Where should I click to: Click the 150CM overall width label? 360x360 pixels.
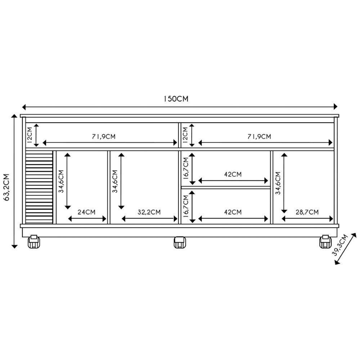point(176,99)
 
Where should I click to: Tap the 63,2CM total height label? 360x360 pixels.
point(6,182)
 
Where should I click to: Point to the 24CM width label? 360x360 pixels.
point(86,212)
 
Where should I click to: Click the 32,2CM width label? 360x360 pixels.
point(149,212)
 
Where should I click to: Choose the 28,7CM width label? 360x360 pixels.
point(307,212)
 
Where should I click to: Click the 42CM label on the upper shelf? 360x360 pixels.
point(233,174)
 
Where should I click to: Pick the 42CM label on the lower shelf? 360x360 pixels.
point(233,212)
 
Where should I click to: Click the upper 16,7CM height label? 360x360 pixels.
point(185,168)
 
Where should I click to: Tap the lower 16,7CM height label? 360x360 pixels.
point(185,207)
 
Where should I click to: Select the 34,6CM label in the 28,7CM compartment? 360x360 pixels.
point(278,183)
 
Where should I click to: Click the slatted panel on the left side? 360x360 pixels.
point(39,187)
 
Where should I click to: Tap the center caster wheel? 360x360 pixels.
point(180,242)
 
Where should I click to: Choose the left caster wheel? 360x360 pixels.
point(33,242)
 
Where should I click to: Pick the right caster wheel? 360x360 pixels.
point(325,242)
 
